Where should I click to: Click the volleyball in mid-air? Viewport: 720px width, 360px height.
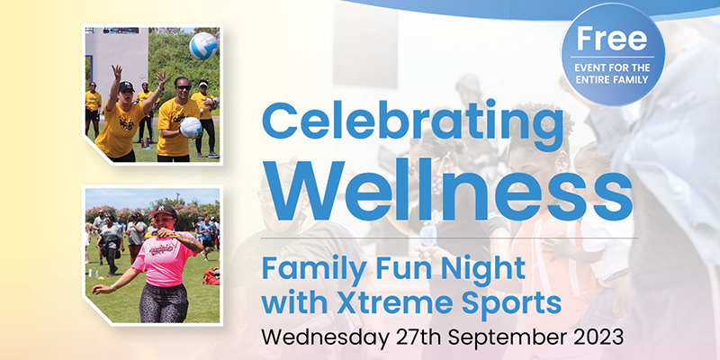pyautogui.click(x=203, y=45)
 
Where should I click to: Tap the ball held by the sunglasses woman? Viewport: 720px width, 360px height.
pyautogui.click(x=191, y=128)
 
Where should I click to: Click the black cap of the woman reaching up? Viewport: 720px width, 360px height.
pyautogui.click(x=127, y=86)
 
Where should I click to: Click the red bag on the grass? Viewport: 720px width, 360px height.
pyautogui.click(x=211, y=277)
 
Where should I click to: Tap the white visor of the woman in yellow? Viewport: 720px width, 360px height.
pyautogui.click(x=202, y=85)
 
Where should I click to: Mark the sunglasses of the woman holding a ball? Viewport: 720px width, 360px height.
pyautogui.click(x=182, y=86)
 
